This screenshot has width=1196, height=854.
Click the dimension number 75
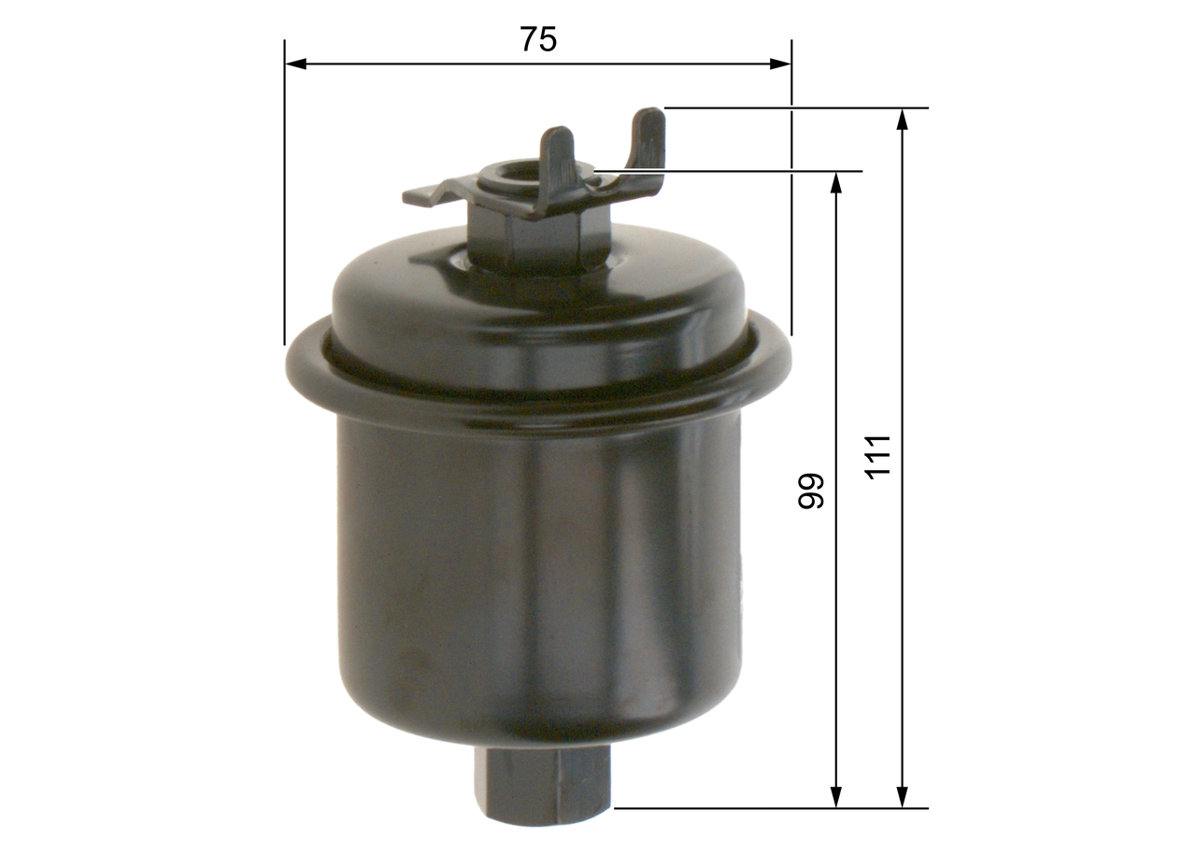[x=537, y=39]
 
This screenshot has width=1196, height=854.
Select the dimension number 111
[x=878, y=457]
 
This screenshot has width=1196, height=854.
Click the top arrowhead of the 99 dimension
[x=836, y=182]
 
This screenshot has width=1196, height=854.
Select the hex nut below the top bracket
[x=540, y=238]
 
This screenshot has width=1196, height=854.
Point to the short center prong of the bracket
[x=559, y=159]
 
